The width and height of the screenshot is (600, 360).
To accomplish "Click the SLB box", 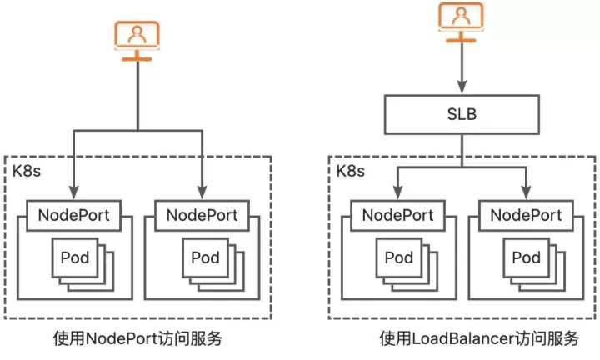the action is click(462, 114).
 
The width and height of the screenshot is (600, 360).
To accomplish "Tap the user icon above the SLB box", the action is click(461, 22).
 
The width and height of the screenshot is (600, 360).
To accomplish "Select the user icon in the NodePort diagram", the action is click(137, 41).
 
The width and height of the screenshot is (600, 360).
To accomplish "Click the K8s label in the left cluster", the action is click(27, 171).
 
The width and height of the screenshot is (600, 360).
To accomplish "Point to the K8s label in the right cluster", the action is click(351, 171).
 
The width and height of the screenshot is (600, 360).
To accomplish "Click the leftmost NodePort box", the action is click(74, 215).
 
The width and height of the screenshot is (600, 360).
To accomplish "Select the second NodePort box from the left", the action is click(202, 215).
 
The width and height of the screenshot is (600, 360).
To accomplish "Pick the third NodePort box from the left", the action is click(398, 215).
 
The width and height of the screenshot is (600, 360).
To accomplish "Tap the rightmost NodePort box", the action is click(526, 215).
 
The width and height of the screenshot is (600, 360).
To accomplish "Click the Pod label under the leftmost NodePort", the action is click(75, 257).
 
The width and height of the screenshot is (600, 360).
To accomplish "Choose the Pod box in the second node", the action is click(206, 257).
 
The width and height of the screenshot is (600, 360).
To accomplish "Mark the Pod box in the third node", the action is click(399, 257).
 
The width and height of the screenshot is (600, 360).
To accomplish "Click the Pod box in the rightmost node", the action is click(527, 257).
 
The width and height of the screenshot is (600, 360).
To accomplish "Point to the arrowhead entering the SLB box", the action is click(462, 87).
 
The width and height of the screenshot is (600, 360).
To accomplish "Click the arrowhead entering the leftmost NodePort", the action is click(74, 192).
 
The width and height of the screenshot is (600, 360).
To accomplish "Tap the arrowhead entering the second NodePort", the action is click(202, 192).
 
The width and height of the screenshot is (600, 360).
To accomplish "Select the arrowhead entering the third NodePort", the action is click(398, 192).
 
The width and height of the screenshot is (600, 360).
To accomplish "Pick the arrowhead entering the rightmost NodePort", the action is click(526, 192).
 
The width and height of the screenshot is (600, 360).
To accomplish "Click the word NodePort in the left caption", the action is click(122, 338).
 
